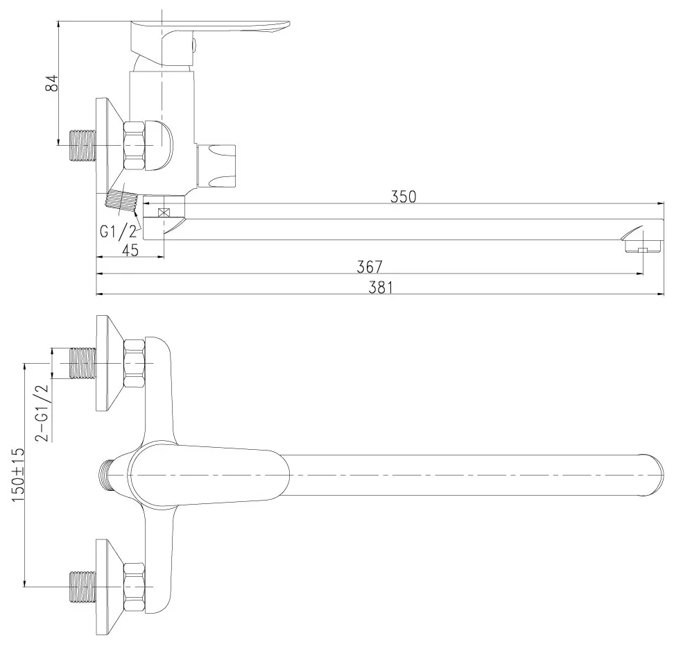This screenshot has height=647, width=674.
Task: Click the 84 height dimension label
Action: click(52, 83)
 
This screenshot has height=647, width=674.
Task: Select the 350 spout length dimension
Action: click(403, 196)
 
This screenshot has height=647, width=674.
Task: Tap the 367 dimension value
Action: click(369, 267)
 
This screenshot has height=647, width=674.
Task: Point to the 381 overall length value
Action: click(381, 287)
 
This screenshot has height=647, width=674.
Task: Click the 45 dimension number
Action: click(130, 250)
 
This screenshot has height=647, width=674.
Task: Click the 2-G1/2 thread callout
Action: click(43, 412)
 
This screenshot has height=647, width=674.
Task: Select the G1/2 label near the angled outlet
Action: click(118, 231)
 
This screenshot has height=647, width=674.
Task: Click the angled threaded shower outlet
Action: click(121, 201)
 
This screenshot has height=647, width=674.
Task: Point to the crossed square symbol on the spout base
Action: click(164, 212)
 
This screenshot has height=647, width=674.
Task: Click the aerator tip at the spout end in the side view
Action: click(639, 242)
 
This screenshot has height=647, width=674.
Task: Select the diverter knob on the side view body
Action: click(216, 166)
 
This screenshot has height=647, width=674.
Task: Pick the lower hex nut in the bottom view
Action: click(134, 587)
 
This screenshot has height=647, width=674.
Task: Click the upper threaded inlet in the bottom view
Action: click(82, 364)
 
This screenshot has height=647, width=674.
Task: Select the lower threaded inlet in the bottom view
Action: click(82, 587)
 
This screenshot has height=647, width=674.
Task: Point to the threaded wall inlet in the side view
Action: click(82, 146)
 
